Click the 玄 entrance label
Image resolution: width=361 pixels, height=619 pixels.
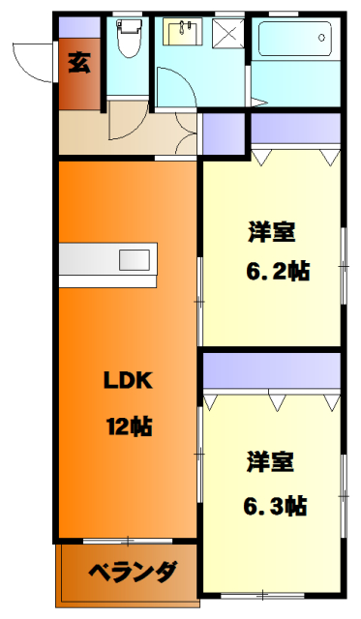(x=78, y=65)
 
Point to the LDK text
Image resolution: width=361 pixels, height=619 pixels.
(x=128, y=380)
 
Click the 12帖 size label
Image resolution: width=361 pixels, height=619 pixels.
(x=128, y=426)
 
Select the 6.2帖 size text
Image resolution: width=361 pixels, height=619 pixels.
(x=276, y=272)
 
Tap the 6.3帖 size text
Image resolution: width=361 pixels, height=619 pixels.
(x=274, y=504)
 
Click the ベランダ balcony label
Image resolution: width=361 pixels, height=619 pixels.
(x=134, y=571)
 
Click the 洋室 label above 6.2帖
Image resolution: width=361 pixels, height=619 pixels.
(x=271, y=232)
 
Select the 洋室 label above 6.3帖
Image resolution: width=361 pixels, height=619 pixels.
(x=270, y=461)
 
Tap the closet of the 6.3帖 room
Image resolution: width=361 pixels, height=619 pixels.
(x=272, y=369)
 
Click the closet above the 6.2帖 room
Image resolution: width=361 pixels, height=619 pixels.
(x=296, y=127)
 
